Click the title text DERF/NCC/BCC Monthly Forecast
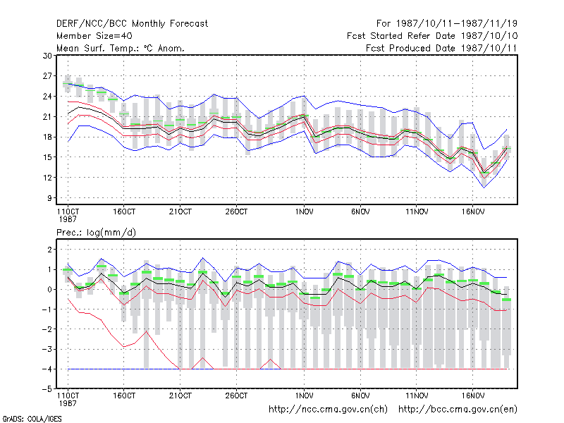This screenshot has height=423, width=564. tap(132, 24)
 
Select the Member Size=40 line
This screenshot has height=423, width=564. tap(94, 36)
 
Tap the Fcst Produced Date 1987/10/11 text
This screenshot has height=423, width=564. tap(441, 48)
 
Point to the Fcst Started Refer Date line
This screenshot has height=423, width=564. tap(432, 36)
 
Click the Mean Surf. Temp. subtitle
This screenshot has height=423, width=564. tap(121, 48)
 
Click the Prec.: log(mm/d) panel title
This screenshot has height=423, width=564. tap(96, 233)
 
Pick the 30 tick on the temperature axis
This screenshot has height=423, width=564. tap(47, 56)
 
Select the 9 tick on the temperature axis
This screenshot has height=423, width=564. tap(49, 198)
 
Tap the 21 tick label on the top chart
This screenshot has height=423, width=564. tap(47, 116)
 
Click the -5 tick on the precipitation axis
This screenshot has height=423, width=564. tap(47, 389)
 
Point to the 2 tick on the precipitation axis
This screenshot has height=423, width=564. tap(49, 250)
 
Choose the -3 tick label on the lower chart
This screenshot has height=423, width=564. tap(47, 349)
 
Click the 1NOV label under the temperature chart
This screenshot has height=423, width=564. tap(304, 211)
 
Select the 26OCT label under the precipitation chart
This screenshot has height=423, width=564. tap(236, 396)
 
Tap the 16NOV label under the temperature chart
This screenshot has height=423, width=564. tap(472, 211)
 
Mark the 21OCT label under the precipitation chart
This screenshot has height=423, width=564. tap(180, 396)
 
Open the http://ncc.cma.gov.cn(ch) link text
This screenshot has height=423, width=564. tap(328, 409)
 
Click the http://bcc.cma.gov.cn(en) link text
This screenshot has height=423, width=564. tap(458, 409)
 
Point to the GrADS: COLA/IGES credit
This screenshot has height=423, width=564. tap(32, 419)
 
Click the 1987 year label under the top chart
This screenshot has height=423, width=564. tap(68, 219)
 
